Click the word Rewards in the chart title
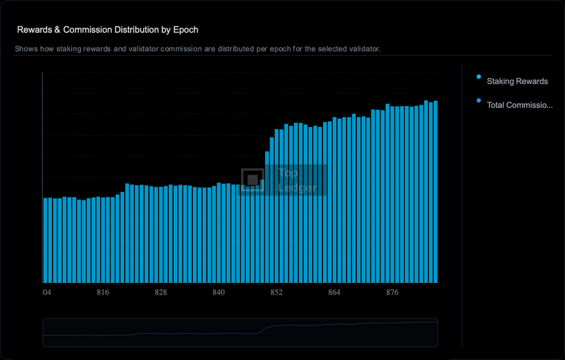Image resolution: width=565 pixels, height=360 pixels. (x=34, y=30)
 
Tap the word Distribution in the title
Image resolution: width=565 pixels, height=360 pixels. (x=130, y=30)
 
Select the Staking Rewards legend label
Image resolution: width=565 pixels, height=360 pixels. (x=517, y=81)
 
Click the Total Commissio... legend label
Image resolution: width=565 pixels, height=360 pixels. (x=520, y=105)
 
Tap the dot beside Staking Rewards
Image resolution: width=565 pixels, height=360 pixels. (x=479, y=77)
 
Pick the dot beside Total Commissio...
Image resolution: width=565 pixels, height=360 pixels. (x=479, y=101)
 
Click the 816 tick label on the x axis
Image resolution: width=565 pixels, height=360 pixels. (x=103, y=293)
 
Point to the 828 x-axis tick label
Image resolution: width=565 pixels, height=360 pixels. (x=160, y=293)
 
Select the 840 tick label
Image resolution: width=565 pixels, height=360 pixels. (x=218, y=293)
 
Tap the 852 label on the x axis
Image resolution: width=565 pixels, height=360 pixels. (x=276, y=293)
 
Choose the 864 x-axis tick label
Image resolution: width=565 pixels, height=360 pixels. (x=334, y=293)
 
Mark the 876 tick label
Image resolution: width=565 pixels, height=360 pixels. (x=392, y=293)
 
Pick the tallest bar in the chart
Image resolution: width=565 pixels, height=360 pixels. (x=426, y=192)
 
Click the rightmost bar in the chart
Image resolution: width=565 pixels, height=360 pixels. (x=436, y=192)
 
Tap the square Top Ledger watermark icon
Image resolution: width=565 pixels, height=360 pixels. (x=252, y=180)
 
